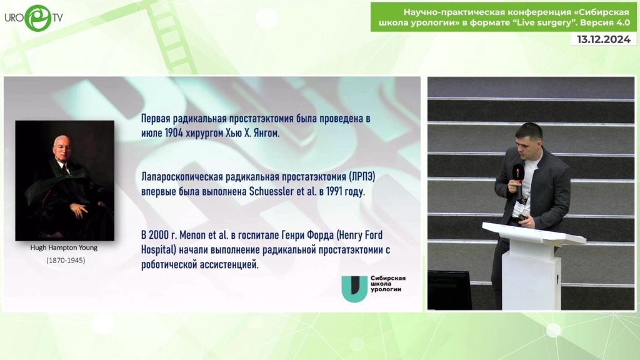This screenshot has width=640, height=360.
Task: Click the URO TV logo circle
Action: coord(38,18)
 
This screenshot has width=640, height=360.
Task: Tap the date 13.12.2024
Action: coord(603,39)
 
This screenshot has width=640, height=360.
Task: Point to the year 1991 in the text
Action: coord(334,191)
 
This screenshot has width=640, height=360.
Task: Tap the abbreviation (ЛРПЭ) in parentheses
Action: coord(362,177)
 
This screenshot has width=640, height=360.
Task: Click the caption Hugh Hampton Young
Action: coord(64,247)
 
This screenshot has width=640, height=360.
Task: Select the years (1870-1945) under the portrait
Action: coord(66,261)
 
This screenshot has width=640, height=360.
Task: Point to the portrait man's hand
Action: coord(77,210)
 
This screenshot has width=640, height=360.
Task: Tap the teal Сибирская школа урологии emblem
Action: coord(354,289)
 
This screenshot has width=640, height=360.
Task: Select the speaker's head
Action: coord(529,139)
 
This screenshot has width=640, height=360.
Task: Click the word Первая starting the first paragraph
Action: coord(155,118)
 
